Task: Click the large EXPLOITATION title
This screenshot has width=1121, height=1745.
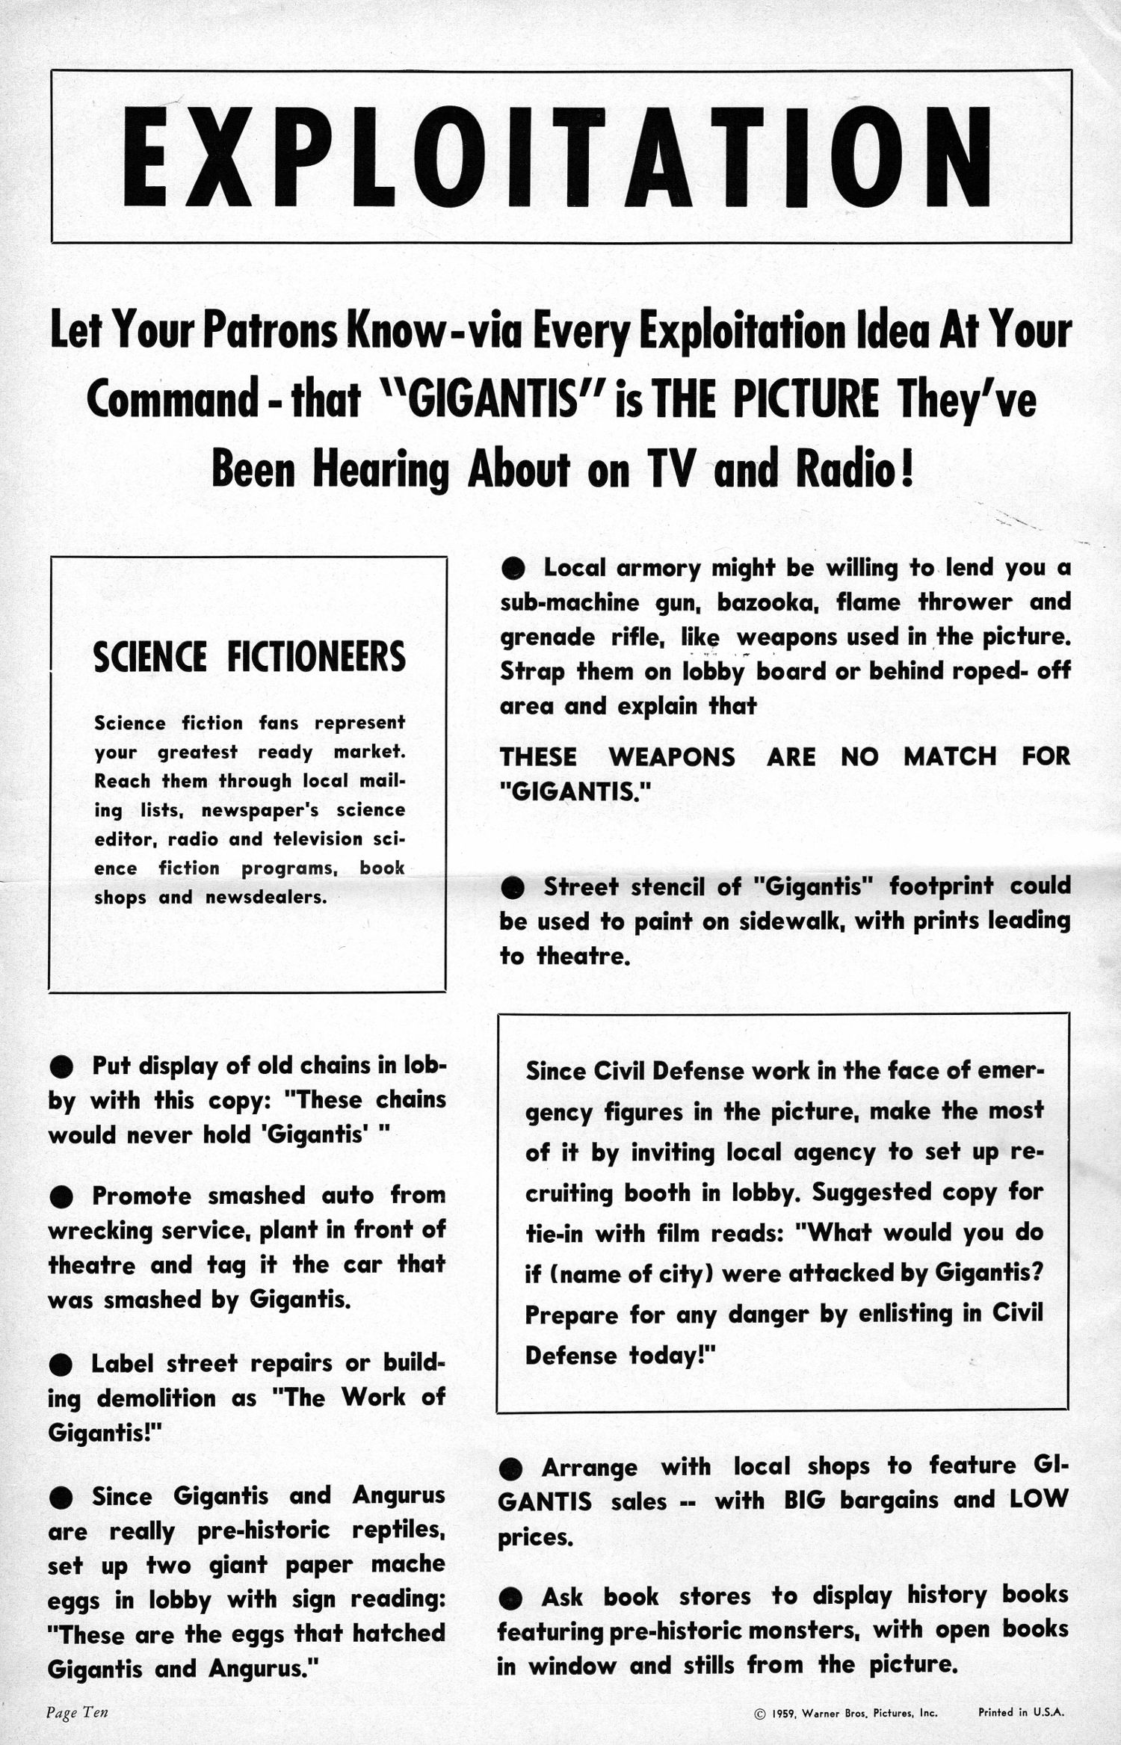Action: (x=560, y=158)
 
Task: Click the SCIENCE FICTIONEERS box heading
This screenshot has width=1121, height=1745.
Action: (x=250, y=657)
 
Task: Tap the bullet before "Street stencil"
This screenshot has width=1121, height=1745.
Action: (x=513, y=888)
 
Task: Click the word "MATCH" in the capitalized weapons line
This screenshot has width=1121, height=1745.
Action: (x=949, y=756)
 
